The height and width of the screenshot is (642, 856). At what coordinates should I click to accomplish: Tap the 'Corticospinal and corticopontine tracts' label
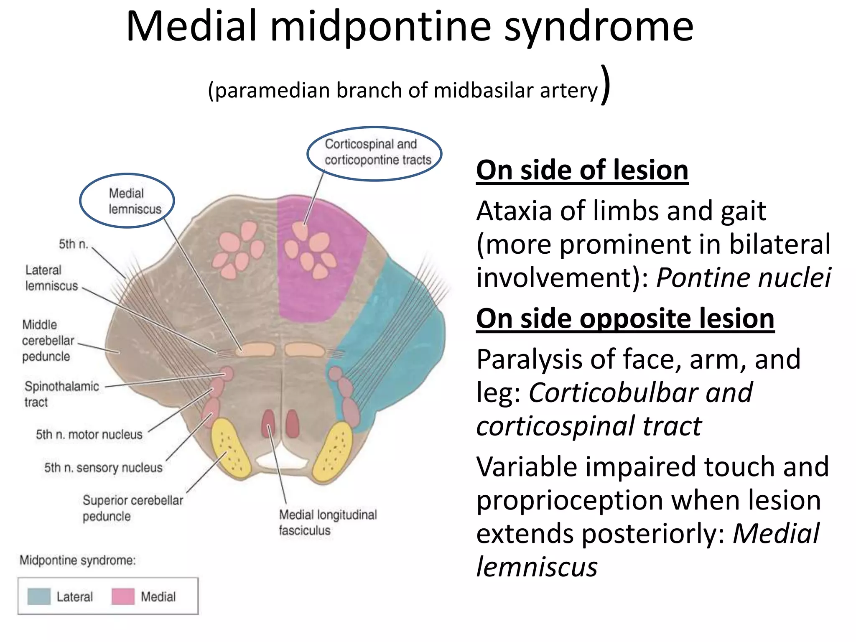(x=377, y=152)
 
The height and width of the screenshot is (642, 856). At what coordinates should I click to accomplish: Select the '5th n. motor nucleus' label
(x=89, y=435)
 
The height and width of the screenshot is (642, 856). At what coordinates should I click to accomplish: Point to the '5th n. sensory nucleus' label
(x=103, y=467)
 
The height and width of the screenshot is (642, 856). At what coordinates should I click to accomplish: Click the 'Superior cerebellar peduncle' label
(x=132, y=508)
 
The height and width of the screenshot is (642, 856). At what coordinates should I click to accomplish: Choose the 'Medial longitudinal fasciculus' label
(x=327, y=522)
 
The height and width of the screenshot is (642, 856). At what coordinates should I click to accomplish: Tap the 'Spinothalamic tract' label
(x=61, y=394)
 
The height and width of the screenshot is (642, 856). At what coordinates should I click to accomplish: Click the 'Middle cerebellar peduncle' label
(x=48, y=341)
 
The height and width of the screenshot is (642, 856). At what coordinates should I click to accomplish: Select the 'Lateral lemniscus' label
(x=51, y=278)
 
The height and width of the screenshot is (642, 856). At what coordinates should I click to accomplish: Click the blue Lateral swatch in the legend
(x=39, y=596)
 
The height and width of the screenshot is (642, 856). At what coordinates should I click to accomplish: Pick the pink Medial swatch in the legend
(x=123, y=596)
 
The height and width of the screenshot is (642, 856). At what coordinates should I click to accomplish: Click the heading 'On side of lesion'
(x=582, y=171)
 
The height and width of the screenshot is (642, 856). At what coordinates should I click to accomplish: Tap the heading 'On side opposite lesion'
(x=625, y=319)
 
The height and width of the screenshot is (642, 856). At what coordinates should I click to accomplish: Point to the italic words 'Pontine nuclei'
(x=743, y=278)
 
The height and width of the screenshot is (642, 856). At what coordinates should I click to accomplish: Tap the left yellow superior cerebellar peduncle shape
(x=230, y=447)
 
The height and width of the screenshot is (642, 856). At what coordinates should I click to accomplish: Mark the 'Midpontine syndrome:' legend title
(x=78, y=560)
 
